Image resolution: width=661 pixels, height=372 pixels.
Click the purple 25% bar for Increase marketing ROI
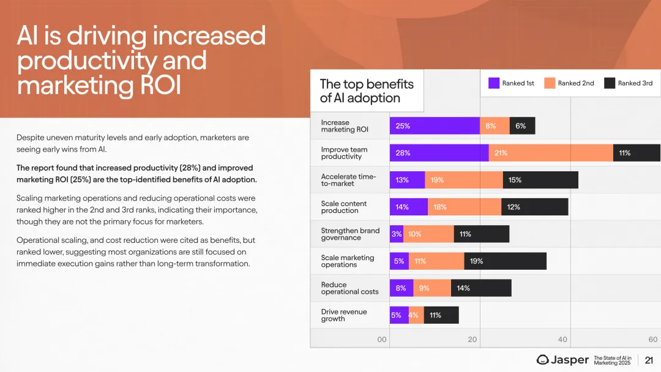tap(435, 126)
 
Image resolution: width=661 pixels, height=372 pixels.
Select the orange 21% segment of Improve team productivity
tap(551, 153)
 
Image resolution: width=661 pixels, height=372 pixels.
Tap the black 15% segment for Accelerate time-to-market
tap(540, 180)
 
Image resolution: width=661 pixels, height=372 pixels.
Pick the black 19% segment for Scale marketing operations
tap(505, 261)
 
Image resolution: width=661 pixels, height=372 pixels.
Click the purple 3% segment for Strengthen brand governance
tap(397, 234)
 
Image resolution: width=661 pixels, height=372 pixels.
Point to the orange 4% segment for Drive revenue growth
tap(416, 315)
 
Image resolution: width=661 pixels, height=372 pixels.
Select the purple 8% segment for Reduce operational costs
tap(401, 288)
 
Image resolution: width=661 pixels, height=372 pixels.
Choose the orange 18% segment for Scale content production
tap(465, 207)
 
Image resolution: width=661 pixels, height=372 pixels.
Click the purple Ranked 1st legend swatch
tap(493, 83)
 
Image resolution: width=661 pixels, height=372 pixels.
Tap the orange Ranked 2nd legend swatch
tap(549, 83)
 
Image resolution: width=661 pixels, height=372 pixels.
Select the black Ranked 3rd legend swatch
tap(609, 83)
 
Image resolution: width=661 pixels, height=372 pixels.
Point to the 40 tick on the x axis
tap(562, 340)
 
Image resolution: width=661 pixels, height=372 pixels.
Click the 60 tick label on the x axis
tap(652, 340)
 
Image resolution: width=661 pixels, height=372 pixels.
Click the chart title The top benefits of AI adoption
tap(367, 91)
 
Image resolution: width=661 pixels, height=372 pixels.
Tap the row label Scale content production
tap(344, 207)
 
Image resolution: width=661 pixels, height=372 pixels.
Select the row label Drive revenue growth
tap(344, 315)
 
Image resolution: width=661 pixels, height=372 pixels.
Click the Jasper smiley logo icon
tap(542, 360)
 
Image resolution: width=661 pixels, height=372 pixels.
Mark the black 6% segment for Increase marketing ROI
tap(522, 126)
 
